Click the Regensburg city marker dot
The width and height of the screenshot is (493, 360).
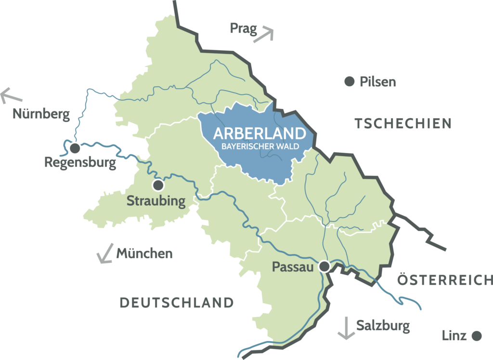coord(75,147)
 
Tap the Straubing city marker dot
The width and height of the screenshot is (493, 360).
coord(158,185)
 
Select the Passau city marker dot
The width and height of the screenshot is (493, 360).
coord(325,267)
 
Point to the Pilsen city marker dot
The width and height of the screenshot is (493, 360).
coord(349,81)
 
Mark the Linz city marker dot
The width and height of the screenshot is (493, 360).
coord(477,335)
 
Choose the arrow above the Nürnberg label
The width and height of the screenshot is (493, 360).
coord(11,95)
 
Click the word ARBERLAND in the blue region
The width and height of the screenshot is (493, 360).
coord(259,133)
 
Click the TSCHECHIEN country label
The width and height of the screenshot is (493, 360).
coord(403,123)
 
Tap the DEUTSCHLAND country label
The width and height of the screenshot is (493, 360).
coord(176,303)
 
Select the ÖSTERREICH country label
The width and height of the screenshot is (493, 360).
coord(445,280)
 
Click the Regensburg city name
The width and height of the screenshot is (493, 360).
coord(80,162)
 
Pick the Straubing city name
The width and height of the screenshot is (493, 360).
coord(156,200)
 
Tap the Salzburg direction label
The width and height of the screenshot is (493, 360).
coord(383,325)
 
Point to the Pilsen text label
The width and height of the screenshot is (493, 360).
coord(377,82)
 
